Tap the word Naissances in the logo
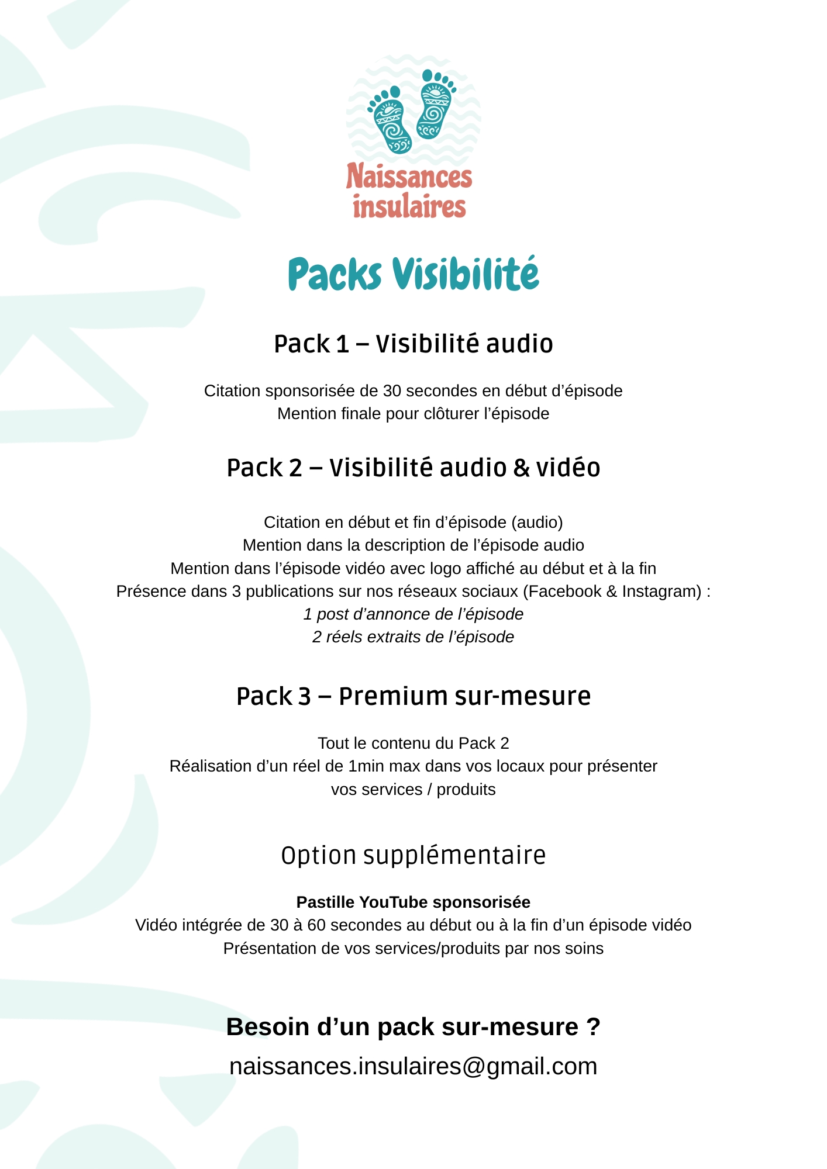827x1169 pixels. [x=409, y=177]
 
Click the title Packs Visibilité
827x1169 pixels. [x=414, y=274]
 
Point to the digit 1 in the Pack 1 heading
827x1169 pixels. [x=342, y=344]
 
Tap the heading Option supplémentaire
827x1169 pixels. [x=414, y=856]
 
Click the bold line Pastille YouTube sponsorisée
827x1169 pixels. [x=414, y=902]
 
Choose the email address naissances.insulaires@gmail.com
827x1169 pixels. [x=414, y=1066]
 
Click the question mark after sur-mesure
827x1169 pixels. [x=593, y=1027]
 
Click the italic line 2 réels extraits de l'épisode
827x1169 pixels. [x=414, y=637]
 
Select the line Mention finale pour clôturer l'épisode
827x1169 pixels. [x=414, y=414]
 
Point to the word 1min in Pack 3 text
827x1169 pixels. [x=367, y=766]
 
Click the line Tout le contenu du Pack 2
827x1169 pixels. [x=414, y=743]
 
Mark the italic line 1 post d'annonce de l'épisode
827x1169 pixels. [x=414, y=614]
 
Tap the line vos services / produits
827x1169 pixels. [x=414, y=790]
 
